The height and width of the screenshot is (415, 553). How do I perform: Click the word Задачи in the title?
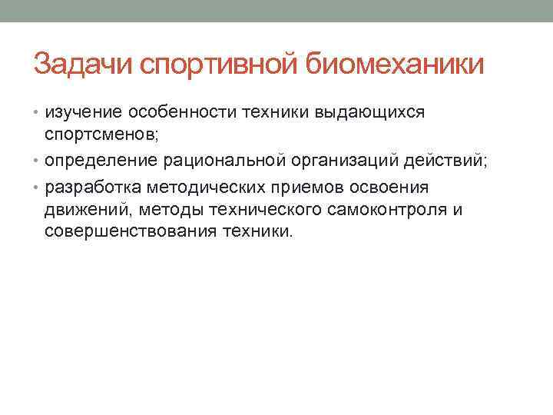tap(84, 65)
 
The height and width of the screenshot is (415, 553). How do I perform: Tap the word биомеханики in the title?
tap(396, 65)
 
